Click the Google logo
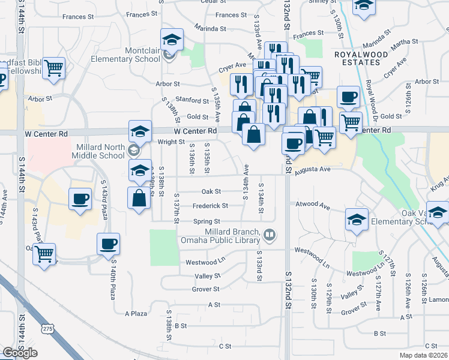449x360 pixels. click(20, 353)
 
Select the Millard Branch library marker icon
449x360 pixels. click(270, 235)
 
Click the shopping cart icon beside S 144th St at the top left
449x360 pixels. click(54, 67)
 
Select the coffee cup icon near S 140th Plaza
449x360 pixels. click(109, 244)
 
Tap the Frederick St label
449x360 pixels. click(210, 206)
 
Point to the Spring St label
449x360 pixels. click(206, 221)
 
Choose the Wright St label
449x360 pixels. click(172, 142)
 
